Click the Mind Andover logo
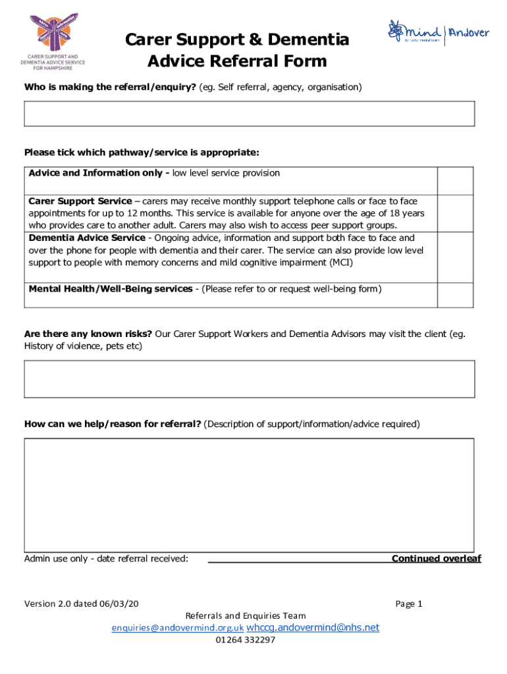click(x=437, y=33)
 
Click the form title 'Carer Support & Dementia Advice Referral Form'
click(x=237, y=51)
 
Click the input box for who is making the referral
click(x=249, y=113)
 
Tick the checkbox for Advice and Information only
click(x=456, y=180)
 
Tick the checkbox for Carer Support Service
click(x=456, y=213)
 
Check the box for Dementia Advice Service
click(x=456, y=257)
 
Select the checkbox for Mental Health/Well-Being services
click(x=456, y=295)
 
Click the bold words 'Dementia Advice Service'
click(x=87, y=238)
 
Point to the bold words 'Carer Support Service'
click(x=80, y=201)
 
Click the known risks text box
click(x=249, y=378)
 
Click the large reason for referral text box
click(x=249, y=495)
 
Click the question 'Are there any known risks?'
click(x=88, y=334)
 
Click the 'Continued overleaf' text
click(x=436, y=559)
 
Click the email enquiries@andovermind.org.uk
click(x=178, y=629)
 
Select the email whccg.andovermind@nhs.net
click(x=313, y=628)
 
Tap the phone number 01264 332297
click(x=245, y=640)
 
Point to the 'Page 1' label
click(x=408, y=604)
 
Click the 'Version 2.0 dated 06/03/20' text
click(x=82, y=604)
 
